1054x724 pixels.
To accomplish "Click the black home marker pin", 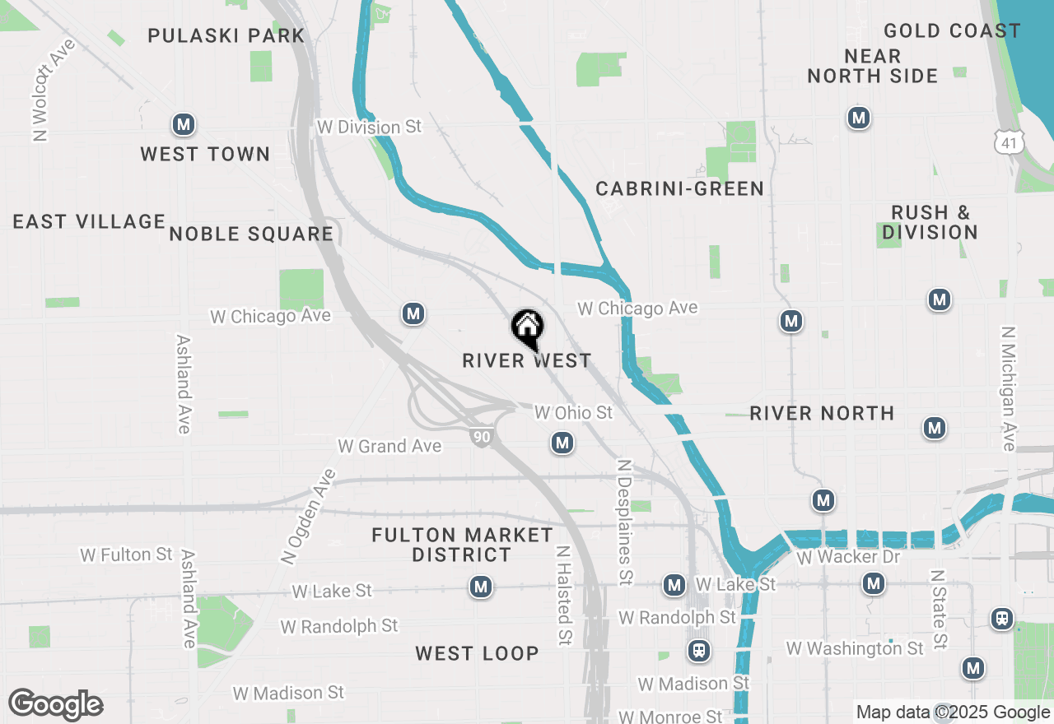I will (x=527, y=327).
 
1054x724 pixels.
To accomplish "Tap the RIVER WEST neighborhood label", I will (x=527, y=360).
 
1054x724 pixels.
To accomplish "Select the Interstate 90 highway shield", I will (x=482, y=437).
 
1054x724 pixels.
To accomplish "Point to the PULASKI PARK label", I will (x=226, y=35).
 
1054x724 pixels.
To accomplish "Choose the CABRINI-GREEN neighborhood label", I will (x=680, y=188).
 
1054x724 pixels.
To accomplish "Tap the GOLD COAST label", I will (x=952, y=31).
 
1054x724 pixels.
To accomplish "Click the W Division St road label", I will (x=369, y=127).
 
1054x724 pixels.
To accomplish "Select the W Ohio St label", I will (x=574, y=412).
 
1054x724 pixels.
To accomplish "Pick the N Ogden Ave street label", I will (x=309, y=517).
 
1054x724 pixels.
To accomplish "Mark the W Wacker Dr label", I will (x=849, y=557).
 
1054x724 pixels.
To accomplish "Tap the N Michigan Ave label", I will (x=1009, y=388).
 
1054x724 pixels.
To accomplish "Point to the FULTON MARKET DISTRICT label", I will (x=462, y=545).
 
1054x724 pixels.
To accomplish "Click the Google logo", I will (x=55, y=703).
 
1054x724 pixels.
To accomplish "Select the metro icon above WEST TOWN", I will (x=183, y=125).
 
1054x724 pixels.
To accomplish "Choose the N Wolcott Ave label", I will (x=54, y=90).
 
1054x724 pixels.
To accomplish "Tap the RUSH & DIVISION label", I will (x=930, y=222).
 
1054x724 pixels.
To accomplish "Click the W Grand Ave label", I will (x=389, y=446).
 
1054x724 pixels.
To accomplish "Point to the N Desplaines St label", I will (x=626, y=522).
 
